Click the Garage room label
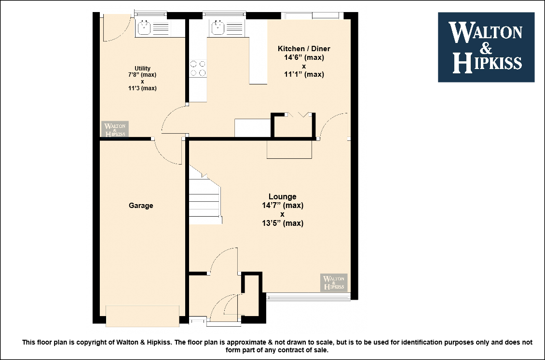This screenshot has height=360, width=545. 141,206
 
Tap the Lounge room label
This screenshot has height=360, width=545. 282,196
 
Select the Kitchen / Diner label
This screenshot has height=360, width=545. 304,49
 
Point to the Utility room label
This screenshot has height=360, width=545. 142,68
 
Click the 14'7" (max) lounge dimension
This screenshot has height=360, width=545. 283,206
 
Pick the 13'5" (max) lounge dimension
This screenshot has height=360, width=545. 283,223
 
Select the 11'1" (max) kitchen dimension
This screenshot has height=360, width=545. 304,74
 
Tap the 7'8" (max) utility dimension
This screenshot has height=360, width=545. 142,75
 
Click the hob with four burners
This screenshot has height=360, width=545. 198,68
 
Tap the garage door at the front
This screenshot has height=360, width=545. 142,316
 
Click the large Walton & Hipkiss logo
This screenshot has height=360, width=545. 486,47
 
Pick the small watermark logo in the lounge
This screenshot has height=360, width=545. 334,282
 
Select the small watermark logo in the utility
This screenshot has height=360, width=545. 115,129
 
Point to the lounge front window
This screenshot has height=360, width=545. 308,296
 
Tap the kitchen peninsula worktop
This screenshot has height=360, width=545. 258,52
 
